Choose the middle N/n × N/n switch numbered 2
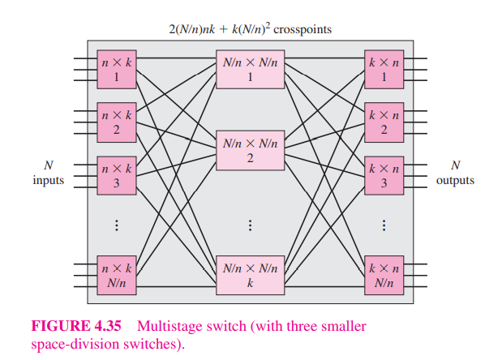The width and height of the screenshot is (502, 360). pyautogui.click(x=250, y=150)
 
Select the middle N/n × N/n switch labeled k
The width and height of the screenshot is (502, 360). pyautogui.click(x=250, y=275)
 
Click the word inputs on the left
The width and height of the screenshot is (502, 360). pyautogui.click(x=48, y=181)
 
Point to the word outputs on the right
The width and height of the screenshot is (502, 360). pyautogui.click(x=455, y=181)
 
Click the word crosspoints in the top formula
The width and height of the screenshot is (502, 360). pyautogui.click(x=303, y=29)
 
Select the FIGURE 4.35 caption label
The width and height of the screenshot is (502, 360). pyautogui.click(x=77, y=327)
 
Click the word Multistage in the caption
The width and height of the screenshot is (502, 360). pyautogui.click(x=167, y=327)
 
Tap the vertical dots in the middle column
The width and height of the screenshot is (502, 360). pyautogui.click(x=250, y=225)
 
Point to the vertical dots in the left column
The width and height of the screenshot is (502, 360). pyautogui.click(x=115, y=225)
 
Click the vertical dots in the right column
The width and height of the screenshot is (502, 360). pyautogui.click(x=383, y=225)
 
